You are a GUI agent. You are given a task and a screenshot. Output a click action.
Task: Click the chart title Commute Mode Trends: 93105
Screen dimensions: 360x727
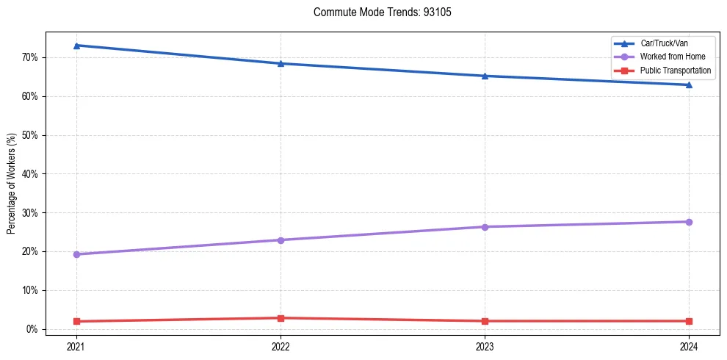(377, 12)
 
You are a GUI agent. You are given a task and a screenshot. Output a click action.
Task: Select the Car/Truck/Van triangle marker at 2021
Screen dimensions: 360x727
(76, 46)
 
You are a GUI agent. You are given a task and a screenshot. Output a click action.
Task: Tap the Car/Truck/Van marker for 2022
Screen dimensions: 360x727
(281, 63)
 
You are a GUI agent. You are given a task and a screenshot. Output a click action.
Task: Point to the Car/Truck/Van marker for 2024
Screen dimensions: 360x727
(689, 84)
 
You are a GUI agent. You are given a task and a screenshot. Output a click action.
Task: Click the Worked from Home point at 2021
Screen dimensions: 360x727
(76, 254)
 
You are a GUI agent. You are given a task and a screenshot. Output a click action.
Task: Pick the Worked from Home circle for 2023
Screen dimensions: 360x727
(485, 227)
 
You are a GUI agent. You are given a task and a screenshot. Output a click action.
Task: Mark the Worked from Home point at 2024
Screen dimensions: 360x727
(689, 222)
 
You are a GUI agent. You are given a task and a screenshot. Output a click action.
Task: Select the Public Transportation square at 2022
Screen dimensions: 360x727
(281, 318)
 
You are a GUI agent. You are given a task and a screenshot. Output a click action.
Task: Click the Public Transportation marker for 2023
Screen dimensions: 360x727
(485, 321)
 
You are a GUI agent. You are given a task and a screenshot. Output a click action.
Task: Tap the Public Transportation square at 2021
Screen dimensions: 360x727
(76, 321)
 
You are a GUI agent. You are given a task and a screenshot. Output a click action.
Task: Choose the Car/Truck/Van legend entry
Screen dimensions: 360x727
(661, 43)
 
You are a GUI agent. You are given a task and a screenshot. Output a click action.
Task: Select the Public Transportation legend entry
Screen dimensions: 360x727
(675, 71)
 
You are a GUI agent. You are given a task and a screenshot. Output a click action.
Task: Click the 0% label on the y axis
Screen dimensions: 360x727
(32, 329)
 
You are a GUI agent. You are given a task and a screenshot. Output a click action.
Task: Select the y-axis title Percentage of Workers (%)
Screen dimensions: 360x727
(12, 184)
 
